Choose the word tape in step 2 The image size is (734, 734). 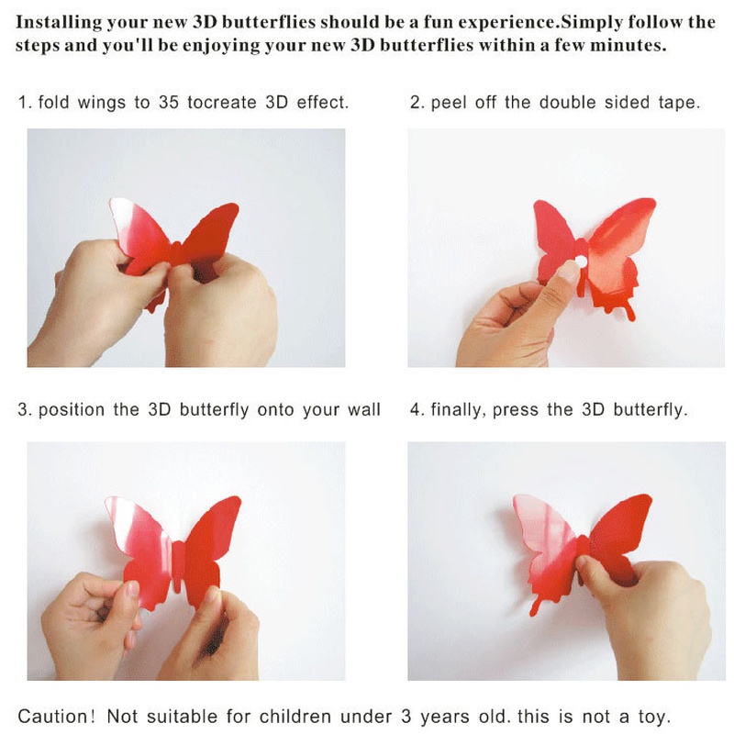(x=678, y=102)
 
